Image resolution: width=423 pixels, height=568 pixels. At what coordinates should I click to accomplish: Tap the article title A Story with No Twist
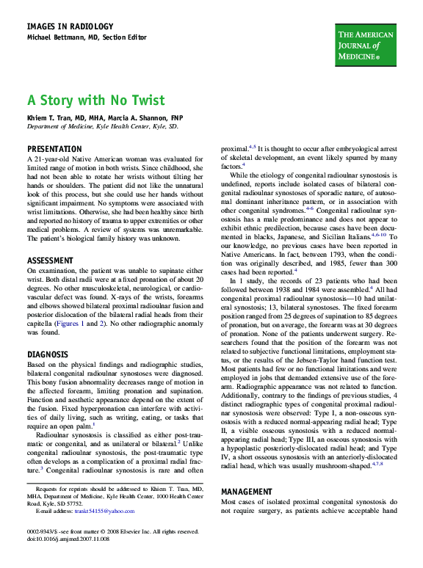(x=96, y=100)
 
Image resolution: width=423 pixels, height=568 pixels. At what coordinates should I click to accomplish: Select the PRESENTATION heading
(x=54, y=149)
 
